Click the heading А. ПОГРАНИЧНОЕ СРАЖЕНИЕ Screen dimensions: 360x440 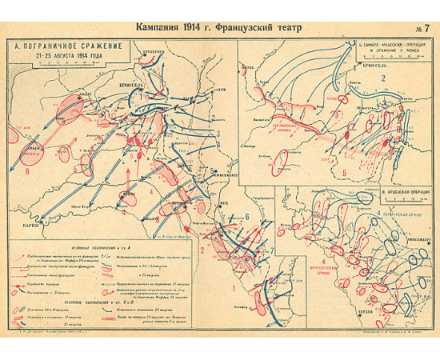pyautogui.click(x=67, y=46)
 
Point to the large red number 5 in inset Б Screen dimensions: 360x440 pyautogui.click(x=344, y=171)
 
